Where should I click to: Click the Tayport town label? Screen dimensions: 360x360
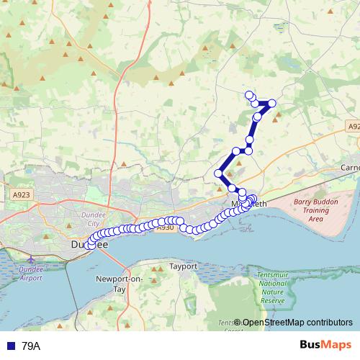(x=183, y=266)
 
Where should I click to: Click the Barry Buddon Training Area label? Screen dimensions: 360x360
(x=315, y=211)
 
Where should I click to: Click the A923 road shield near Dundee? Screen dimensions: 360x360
(x=22, y=194)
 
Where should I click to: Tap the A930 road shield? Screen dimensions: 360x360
(x=166, y=228)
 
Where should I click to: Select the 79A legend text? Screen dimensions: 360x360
(x=32, y=346)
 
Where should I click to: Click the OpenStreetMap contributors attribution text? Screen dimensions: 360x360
(x=297, y=323)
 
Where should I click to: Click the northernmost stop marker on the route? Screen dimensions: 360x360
(x=249, y=95)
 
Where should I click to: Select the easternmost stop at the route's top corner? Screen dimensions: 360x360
(x=272, y=104)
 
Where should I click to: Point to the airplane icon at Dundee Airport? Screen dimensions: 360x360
(x=30, y=258)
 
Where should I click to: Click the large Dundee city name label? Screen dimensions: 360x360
(x=89, y=245)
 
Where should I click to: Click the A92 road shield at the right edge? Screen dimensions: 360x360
(x=352, y=127)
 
